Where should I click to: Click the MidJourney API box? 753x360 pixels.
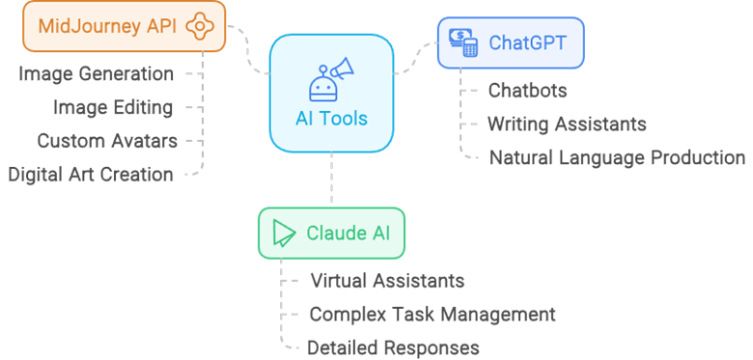(124, 27)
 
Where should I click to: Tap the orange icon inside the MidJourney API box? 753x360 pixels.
(199, 27)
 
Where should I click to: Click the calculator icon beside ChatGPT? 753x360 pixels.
(462, 42)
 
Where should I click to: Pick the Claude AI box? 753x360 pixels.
(331, 234)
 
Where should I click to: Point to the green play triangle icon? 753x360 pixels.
(284, 234)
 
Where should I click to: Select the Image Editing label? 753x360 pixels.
(114, 107)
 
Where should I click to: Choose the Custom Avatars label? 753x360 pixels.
(107, 141)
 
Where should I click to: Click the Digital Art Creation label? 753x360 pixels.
(91, 175)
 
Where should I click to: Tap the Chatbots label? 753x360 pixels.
(527, 91)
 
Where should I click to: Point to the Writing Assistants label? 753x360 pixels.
(566, 124)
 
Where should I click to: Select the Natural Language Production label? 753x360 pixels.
(617, 157)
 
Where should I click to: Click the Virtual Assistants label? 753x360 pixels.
(387, 281)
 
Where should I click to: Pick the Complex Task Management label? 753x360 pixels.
(432, 315)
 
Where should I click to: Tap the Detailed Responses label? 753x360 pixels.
(393, 347)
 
